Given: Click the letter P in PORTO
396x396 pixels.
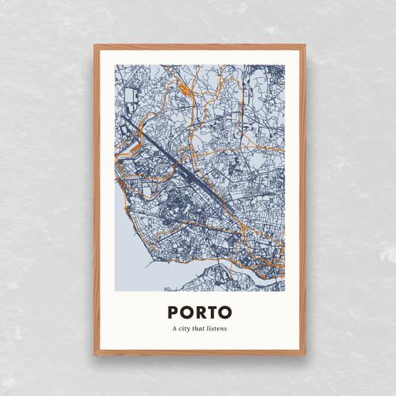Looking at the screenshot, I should click(173, 312).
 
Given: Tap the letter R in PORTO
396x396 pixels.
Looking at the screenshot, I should click(200, 312).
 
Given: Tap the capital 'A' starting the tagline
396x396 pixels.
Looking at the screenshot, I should click(175, 328).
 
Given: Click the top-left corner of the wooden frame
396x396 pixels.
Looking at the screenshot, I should click(95, 46).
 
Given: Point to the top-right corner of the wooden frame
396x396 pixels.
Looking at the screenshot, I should click(304, 46).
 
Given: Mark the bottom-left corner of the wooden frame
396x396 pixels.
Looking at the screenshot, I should click(95, 354).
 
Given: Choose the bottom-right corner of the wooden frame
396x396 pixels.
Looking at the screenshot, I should click(304, 354).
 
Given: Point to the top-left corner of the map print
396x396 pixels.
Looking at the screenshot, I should click(115, 65).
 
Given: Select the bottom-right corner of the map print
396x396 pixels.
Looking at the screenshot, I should click(285, 290).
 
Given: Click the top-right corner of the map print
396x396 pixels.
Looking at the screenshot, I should click(285, 65).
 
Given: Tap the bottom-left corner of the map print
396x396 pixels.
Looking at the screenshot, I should click(115, 290).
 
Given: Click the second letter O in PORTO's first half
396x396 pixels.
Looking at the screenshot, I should click(186, 312).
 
